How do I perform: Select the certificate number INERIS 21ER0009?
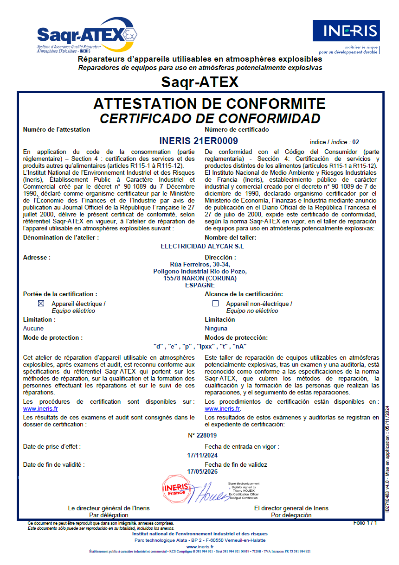[x=199, y=141]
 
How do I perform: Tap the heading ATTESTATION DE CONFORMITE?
[x=209, y=104]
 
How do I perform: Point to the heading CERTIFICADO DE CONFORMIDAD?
[x=210, y=119]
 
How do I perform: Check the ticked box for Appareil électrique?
[x=41, y=304]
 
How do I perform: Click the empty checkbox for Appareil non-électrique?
[x=215, y=304]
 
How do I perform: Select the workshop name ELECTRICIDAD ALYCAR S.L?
[x=202, y=246]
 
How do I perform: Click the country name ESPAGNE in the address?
[x=200, y=286]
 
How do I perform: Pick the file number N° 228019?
[x=202, y=435]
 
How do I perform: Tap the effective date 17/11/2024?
[x=202, y=455]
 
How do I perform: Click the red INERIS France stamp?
[x=175, y=489]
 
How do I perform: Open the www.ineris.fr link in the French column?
[x=40, y=409]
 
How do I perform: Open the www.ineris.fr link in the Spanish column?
[x=222, y=409]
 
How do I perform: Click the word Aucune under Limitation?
[x=33, y=328]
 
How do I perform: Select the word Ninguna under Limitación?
[x=216, y=328]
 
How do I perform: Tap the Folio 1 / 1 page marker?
[x=365, y=523]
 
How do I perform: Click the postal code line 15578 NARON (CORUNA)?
[x=200, y=278]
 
